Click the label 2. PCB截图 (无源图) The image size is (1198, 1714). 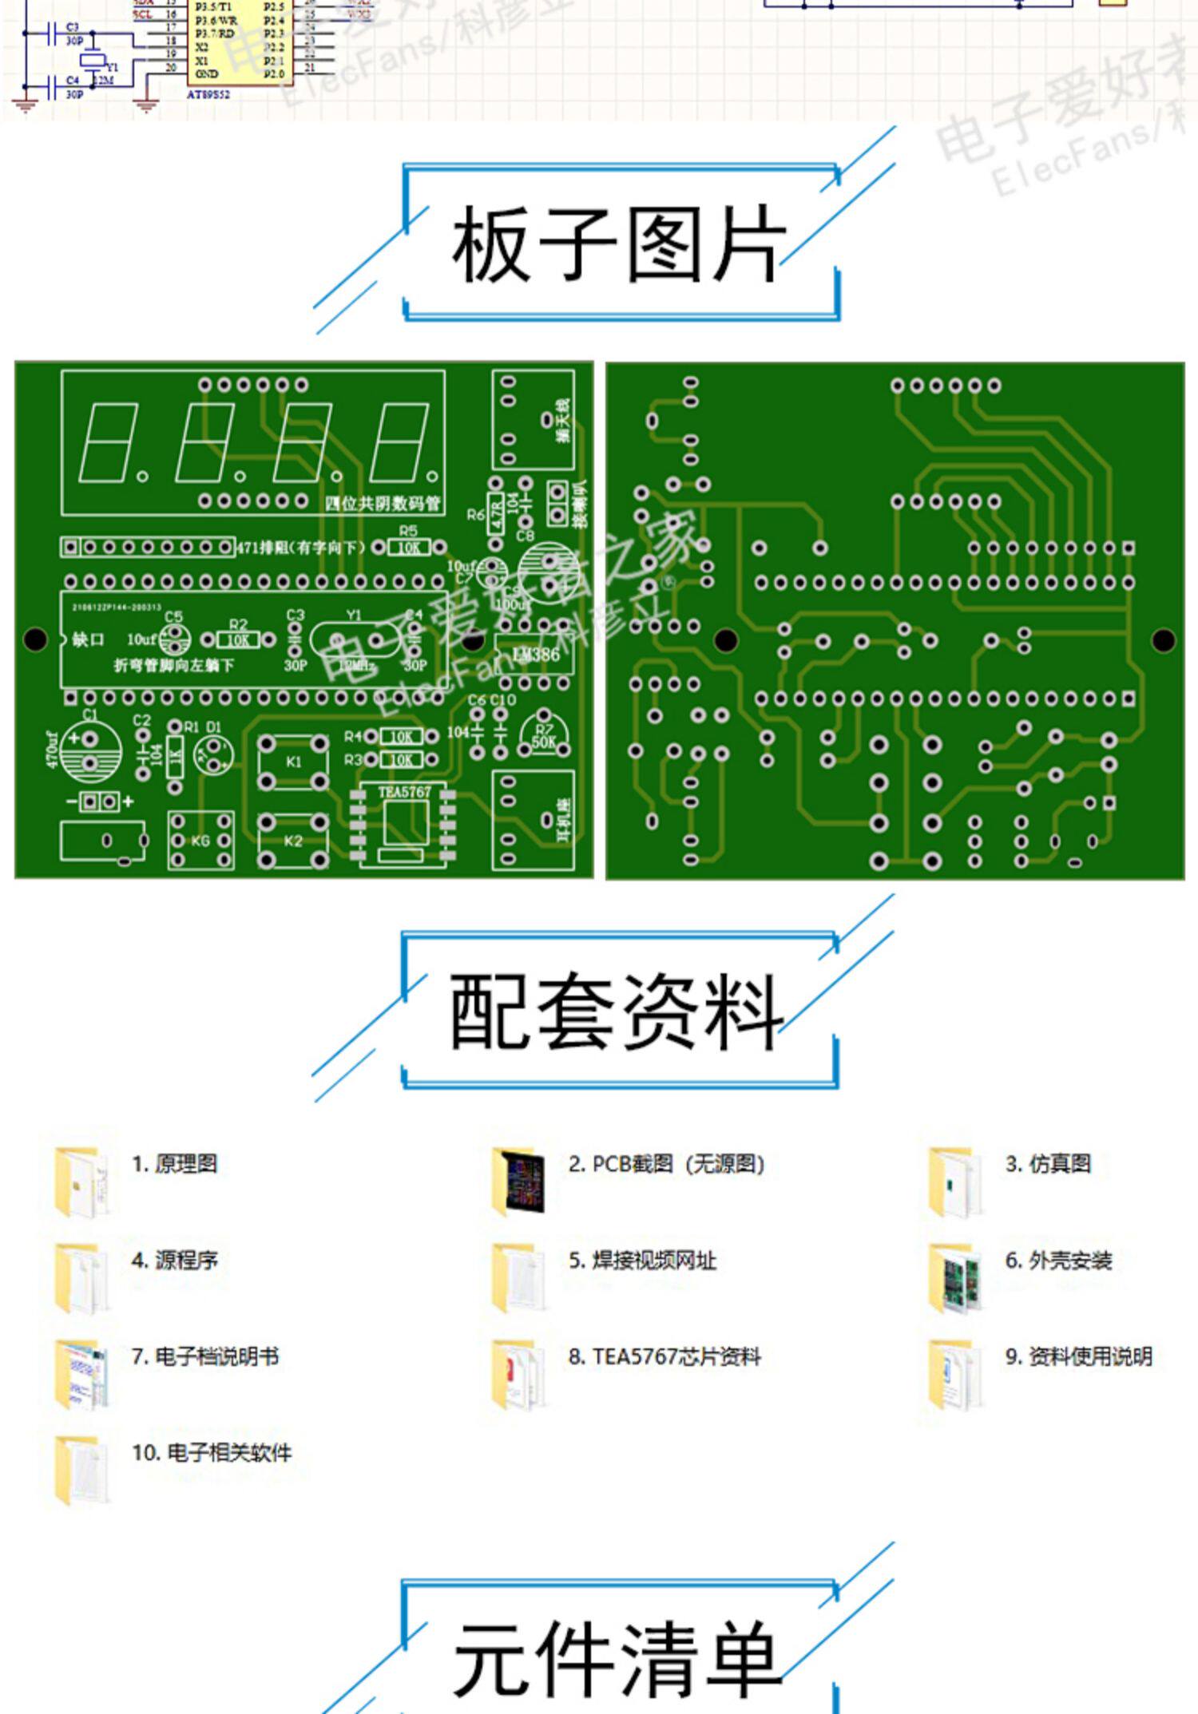[x=666, y=1164]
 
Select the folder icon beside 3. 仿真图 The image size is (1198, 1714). [x=954, y=1182]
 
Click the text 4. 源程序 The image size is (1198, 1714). [x=175, y=1261]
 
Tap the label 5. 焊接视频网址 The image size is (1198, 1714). [x=642, y=1261]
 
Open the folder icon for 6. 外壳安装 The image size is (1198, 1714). [x=954, y=1278]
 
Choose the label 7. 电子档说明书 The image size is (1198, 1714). [x=205, y=1356]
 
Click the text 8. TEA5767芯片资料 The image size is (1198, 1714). [x=664, y=1356]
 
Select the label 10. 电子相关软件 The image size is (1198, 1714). [x=212, y=1452]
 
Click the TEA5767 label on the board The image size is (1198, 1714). [x=404, y=792]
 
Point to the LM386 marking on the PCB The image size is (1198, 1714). [x=536, y=655]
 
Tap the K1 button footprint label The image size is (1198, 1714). [x=293, y=762]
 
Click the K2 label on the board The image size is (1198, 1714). [x=293, y=841]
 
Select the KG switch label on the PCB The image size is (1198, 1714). [x=200, y=841]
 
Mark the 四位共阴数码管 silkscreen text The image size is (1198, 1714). [x=383, y=504]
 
